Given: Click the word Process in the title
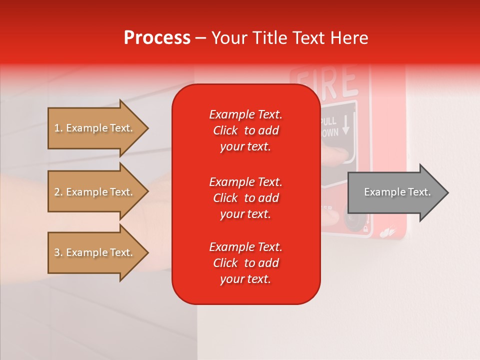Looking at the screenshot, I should pyautogui.click(x=157, y=37).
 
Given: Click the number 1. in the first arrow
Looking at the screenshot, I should pyautogui.click(x=58, y=128).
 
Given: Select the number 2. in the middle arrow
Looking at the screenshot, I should pyautogui.click(x=58, y=192).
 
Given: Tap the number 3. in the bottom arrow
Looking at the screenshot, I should pyautogui.click(x=58, y=252).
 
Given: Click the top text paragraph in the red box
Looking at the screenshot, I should pyautogui.click(x=245, y=130).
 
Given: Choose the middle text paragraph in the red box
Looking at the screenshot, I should pyautogui.click(x=245, y=197).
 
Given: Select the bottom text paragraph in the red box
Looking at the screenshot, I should pyautogui.click(x=245, y=263).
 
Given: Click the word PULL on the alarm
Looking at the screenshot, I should pyautogui.click(x=328, y=121).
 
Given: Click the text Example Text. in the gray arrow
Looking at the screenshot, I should pyautogui.click(x=397, y=192).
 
